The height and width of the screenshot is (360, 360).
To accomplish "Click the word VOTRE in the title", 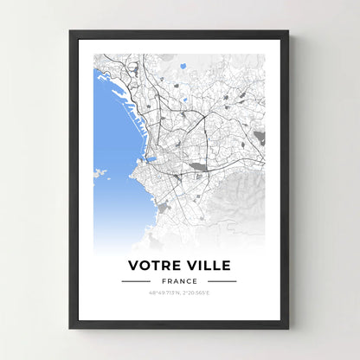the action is [155, 264].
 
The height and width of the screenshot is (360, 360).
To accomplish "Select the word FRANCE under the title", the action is [179, 281].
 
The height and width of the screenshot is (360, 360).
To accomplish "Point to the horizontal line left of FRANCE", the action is [136, 281].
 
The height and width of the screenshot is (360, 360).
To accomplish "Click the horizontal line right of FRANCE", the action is [222, 281].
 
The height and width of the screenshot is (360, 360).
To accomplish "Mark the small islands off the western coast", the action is [101, 174].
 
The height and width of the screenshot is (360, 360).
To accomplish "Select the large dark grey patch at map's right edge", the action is [260, 138].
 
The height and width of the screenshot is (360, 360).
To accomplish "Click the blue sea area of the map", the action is [111, 130].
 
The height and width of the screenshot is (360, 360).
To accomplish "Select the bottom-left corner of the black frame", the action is [71, 327].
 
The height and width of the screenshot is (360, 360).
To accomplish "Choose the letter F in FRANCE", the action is [163, 281].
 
